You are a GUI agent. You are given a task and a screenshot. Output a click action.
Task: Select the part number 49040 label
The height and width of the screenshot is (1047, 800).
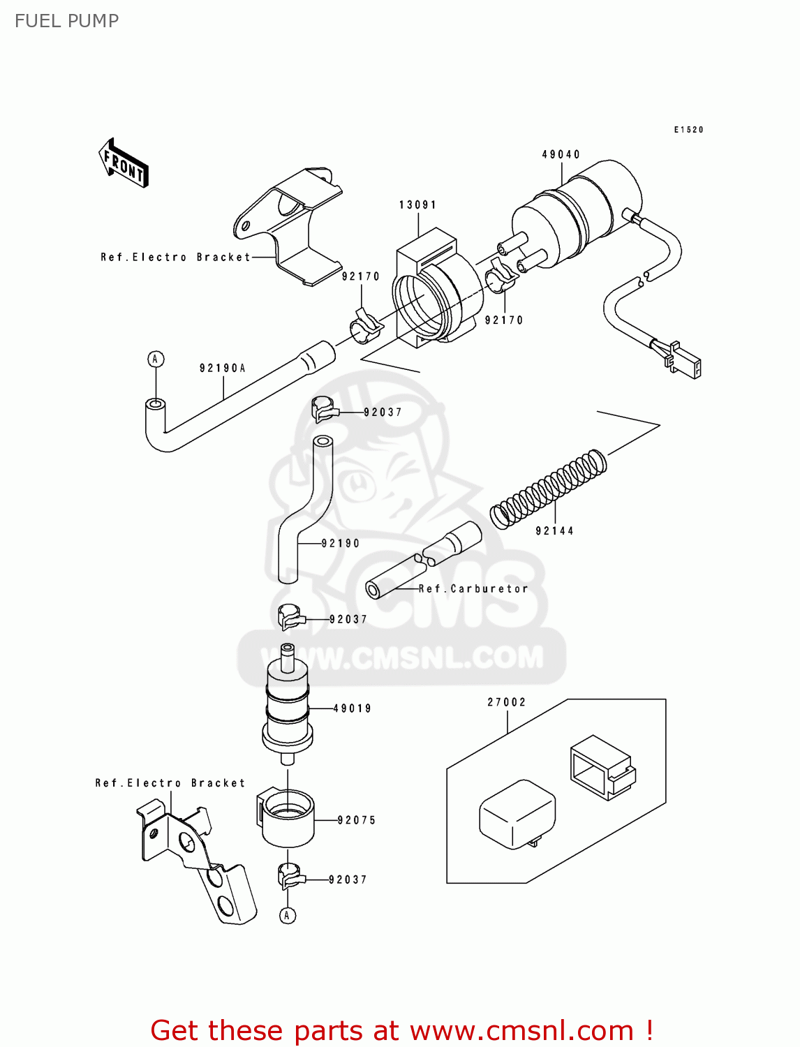click(561, 154)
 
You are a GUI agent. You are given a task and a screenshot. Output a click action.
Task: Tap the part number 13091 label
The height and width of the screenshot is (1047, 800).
click(417, 205)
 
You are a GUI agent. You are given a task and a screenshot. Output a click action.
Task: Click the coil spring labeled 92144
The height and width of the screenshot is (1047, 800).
click(548, 488)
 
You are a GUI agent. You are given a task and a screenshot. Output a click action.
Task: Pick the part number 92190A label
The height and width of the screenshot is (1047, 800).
click(223, 368)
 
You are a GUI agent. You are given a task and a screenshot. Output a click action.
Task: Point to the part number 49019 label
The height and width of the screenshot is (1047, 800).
click(353, 708)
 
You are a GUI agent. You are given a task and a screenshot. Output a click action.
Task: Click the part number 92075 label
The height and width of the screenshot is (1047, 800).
click(357, 820)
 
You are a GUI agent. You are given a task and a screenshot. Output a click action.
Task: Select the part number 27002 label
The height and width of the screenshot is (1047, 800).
click(506, 702)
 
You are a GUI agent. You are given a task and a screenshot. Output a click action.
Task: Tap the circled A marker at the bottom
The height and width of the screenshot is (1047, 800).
click(288, 915)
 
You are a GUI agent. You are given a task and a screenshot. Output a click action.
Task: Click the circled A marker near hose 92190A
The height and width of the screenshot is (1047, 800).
click(156, 359)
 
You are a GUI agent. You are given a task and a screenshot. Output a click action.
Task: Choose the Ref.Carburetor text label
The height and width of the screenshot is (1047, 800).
click(473, 588)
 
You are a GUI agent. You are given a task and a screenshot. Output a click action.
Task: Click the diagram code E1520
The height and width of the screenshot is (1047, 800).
click(688, 130)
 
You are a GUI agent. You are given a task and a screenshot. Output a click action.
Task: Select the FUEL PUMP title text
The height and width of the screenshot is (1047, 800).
click(67, 21)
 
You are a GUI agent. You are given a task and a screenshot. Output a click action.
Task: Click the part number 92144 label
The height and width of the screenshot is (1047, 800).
click(554, 531)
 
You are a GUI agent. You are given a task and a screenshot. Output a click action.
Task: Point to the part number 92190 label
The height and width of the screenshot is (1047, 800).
click(341, 543)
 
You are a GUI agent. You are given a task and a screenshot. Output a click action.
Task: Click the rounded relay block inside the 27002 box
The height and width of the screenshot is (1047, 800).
click(517, 814)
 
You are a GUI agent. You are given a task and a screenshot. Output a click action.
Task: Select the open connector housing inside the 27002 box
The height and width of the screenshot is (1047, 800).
click(601, 766)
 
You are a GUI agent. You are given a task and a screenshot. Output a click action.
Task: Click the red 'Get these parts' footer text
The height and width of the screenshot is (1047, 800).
click(401, 1030)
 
